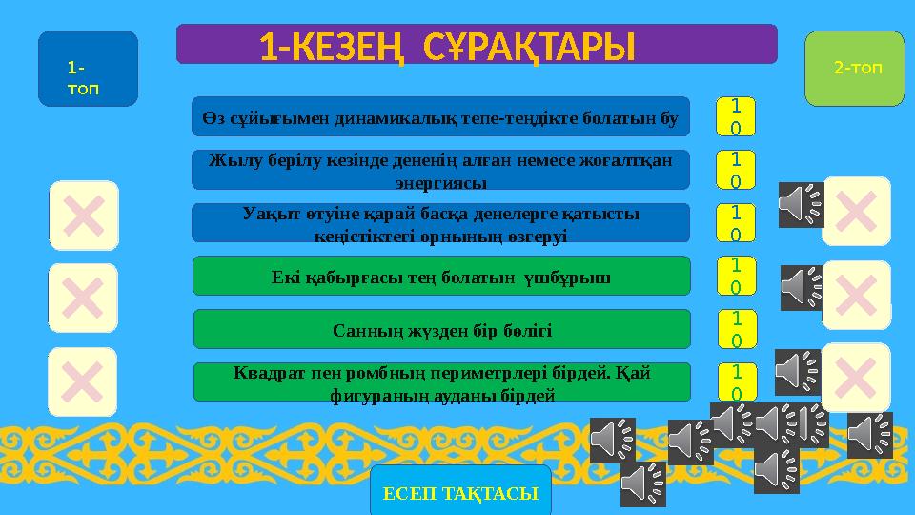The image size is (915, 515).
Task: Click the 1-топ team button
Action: [88, 69]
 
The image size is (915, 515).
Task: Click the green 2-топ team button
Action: [854, 69]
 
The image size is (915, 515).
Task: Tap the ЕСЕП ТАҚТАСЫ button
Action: [460, 491]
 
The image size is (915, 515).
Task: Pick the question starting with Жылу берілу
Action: [439, 169]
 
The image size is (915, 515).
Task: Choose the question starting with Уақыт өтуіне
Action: [439, 222]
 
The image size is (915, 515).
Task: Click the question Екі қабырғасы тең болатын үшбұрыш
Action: [440, 276]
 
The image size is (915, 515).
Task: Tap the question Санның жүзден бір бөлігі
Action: [441, 329]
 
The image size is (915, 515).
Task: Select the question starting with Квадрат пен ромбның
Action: [441, 381]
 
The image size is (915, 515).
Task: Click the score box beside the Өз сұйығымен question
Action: [735, 116]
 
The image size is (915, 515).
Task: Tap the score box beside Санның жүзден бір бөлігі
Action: [735, 329]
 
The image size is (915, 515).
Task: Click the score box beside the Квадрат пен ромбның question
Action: [735, 381]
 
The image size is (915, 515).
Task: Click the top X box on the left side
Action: [85, 215]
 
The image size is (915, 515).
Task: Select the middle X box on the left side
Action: [83, 298]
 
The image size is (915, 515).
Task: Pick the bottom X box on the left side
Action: [83, 381]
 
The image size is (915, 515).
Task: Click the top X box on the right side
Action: [856, 211]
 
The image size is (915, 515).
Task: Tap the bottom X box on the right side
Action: [856, 377]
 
